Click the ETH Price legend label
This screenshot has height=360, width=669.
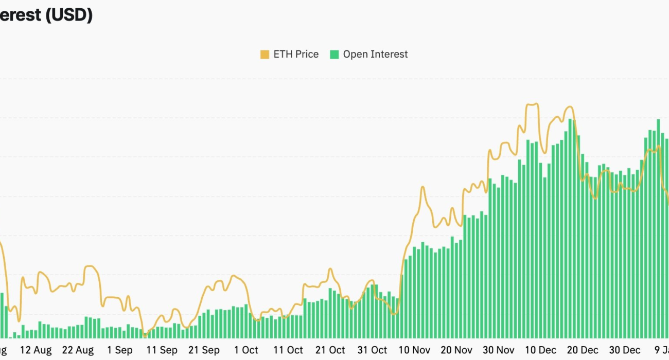[x=296, y=54]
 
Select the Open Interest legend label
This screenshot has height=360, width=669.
[x=375, y=54]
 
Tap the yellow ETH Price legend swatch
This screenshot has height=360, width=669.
[x=265, y=55]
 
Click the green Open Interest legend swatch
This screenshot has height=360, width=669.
[x=334, y=55]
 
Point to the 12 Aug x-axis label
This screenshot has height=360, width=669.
[x=36, y=350]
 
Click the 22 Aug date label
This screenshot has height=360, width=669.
[x=78, y=350]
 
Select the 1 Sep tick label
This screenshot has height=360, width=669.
[x=120, y=350]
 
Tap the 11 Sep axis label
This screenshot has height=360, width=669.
[x=162, y=350]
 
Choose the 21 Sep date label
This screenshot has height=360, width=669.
[x=204, y=350]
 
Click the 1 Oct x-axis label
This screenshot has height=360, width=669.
[x=246, y=350]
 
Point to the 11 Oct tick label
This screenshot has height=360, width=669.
[x=288, y=350]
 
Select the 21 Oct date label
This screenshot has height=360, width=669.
[x=330, y=350]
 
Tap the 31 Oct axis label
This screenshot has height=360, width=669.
[x=372, y=350]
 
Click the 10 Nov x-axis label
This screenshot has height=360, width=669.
[x=414, y=350]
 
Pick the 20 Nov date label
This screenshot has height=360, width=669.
[x=456, y=350]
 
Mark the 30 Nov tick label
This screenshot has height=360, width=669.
[x=499, y=350]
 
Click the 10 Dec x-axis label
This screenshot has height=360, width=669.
[x=541, y=350]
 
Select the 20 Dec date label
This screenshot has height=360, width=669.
[x=583, y=350]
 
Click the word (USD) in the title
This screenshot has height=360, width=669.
[x=69, y=15]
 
